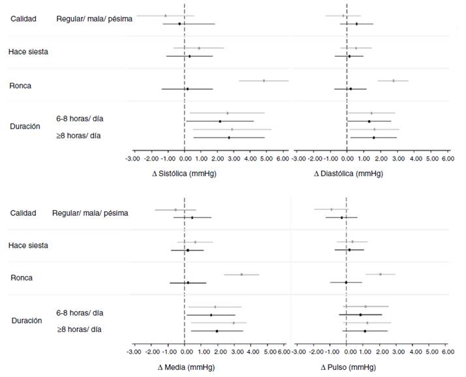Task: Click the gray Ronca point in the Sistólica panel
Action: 264,81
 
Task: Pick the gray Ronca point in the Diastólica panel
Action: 394,81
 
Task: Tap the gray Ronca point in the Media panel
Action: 241,275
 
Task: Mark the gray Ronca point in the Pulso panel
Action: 381,275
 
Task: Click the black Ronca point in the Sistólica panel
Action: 187,89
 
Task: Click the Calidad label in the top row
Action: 23,18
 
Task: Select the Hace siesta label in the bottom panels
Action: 28,245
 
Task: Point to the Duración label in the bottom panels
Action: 27,321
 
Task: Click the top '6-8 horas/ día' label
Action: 80,118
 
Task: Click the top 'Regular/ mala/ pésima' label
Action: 95,19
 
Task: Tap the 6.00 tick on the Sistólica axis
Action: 282,158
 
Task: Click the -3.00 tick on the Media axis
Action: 133,352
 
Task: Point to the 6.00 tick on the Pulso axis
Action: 448,352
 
